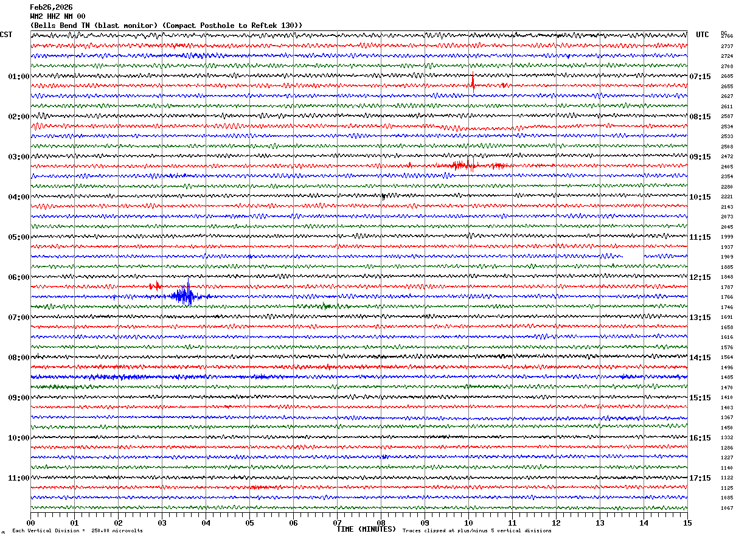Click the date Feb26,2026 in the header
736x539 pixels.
pyautogui.click(x=51, y=7)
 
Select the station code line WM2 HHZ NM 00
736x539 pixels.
pyautogui.click(x=58, y=16)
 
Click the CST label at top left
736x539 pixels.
pyautogui.click(x=6, y=35)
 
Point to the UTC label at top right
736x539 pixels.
pyautogui.click(x=703, y=35)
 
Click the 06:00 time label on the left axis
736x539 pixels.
pyautogui.click(x=18, y=277)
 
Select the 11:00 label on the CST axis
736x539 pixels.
pyautogui.click(x=18, y=478)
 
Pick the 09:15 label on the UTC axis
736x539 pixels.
pyautogui.click(x=700, y=157)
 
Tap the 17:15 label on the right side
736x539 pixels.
pyautogui.click(x=700, y=478)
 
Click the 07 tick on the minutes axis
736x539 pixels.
pyautogui.click(x=337, y=523)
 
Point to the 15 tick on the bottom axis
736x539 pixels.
pyautogui.click(x=687, y=523)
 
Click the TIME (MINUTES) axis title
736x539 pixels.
pyautogui.click(x=366, y=529)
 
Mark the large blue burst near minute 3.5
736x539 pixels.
pyautogui.click(x=186, y=296)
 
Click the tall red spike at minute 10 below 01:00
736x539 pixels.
pyautogui.click(x=473, y=83)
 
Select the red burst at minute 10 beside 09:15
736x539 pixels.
pyautogui.click(x=468, y=164)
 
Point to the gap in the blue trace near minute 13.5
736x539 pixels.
pyautogui.click(x=633, y=256)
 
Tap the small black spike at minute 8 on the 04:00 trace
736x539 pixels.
pyautogui.click(x=383, y=196)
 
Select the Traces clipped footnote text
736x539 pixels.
pyautogui.click(x=477, y=531)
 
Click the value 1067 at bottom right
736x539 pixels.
pyautogui.click(x=727, y=508)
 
